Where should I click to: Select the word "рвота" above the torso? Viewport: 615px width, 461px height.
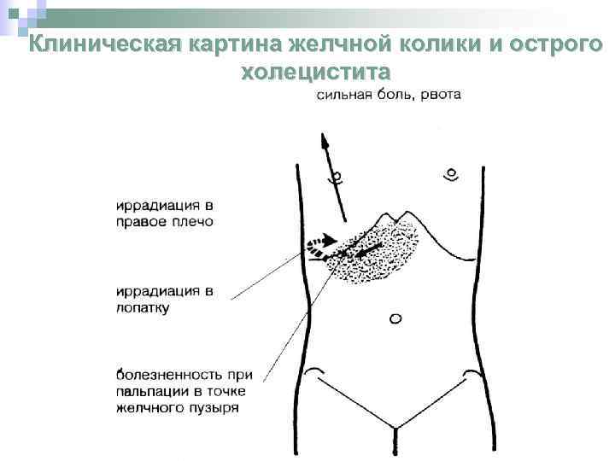pos(440,96)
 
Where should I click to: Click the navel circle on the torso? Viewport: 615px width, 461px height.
pos(395,319)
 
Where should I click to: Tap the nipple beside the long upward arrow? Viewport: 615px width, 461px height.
pos(337,178)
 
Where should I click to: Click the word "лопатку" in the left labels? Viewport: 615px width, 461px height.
pos(143,307)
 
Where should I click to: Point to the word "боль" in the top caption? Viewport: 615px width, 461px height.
pos(394,96)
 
